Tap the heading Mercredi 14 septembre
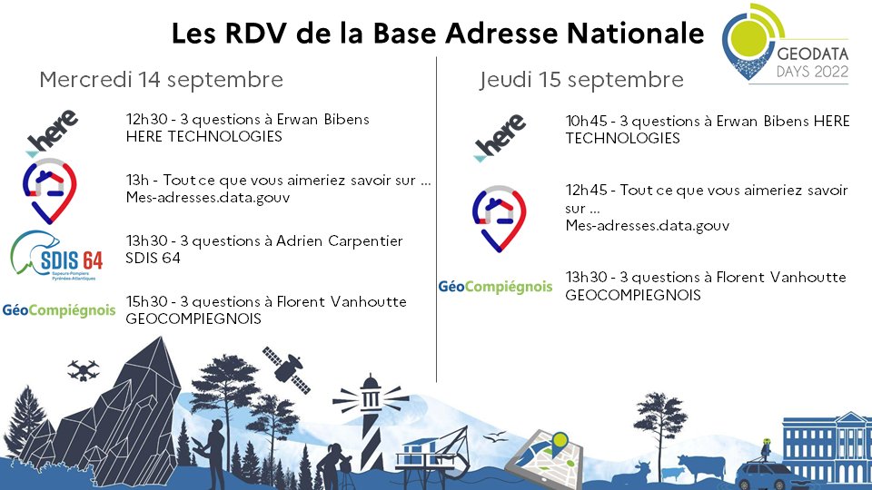click(161, 80)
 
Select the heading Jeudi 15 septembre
click(581, 80)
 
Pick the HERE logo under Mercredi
click(52, 132)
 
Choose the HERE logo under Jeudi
click(500, 138)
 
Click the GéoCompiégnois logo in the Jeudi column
click(495, 286)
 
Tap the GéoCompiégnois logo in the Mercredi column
click(59, 310)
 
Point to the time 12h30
click(146, 120)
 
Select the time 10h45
click(586, 122)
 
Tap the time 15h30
click(146, 302)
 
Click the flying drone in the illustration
click(84, 369)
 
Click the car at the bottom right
click(768, 473)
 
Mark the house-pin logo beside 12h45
click(499, 218)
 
